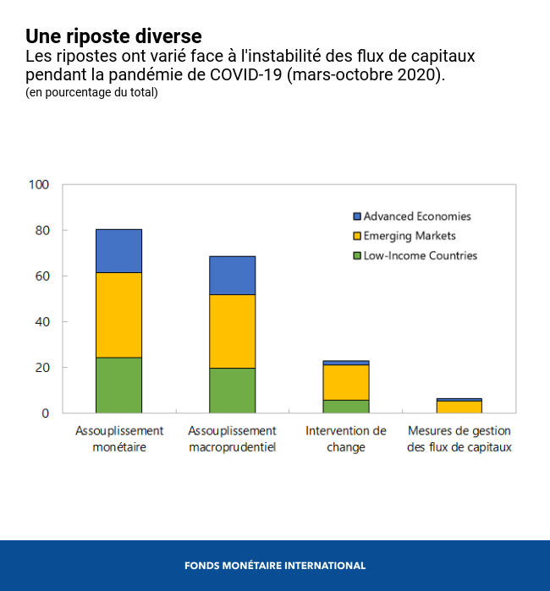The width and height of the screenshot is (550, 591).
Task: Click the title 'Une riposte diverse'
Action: coord(113,36)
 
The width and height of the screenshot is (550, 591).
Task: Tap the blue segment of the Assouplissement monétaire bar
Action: coord(118,250)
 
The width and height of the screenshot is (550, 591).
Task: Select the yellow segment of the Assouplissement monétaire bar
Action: coord(118,315)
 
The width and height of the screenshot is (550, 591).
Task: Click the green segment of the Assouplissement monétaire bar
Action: coord(118,385)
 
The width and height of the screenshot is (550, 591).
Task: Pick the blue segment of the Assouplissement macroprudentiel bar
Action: coord(232,275)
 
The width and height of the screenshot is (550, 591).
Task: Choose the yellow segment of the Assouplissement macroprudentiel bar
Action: coord(232,331)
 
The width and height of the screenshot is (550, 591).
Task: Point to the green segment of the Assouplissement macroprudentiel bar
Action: coord(232,390)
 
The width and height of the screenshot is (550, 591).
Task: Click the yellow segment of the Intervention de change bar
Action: coord(345,382)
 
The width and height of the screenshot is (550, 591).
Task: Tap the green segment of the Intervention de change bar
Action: coord(345,407)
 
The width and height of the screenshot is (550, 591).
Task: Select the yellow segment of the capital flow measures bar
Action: coord(459,407)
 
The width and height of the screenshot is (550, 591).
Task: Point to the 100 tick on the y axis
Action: coord(39,184)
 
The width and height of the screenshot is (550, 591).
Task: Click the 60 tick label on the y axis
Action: coord(42,276)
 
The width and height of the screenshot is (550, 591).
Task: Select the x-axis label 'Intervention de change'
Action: coord(345,439)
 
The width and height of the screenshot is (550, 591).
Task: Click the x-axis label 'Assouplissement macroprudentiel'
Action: coord(232,439)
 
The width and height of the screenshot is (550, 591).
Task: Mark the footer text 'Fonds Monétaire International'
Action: coord(275,566)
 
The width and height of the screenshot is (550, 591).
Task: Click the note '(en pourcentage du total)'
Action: coord(91,92)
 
